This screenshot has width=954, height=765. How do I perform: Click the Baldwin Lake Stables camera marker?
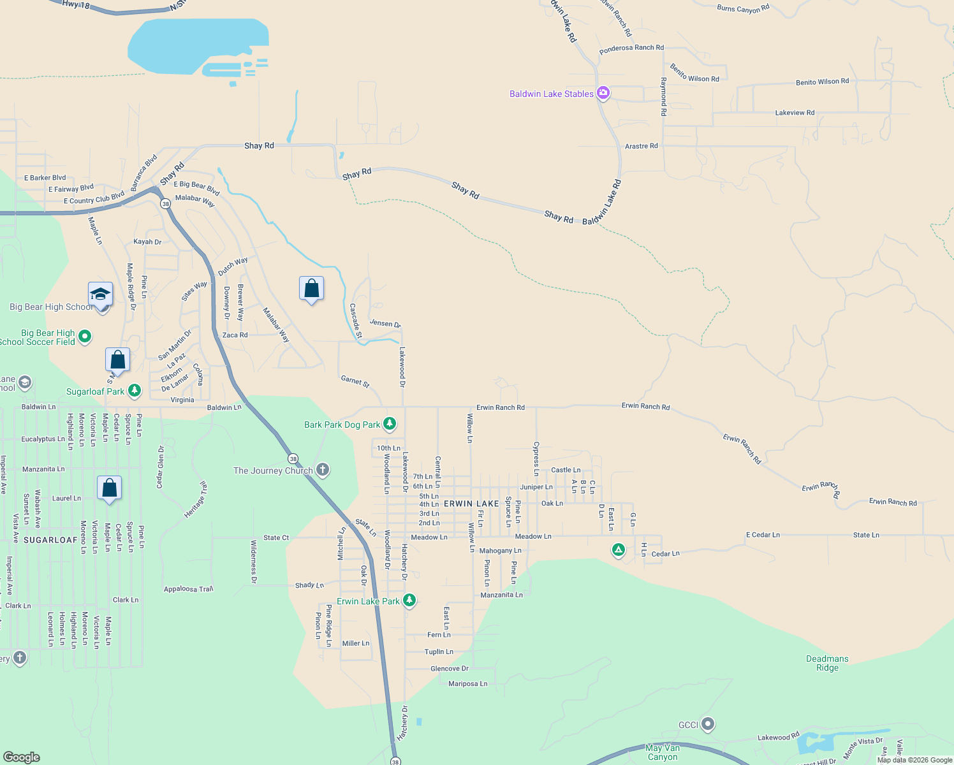pos(603,94)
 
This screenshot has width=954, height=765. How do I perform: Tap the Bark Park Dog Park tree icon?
pos(390,424)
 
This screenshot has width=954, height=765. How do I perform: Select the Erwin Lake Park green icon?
pos(409,601)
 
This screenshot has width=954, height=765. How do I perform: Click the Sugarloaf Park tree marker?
pos(134,391)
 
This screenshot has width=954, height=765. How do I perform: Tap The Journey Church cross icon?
pos(323,470)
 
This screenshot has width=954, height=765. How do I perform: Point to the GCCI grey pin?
pos(707,724)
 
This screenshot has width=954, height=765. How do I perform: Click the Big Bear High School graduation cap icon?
pos(101,295)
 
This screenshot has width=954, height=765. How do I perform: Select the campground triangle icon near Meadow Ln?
pos(618,550)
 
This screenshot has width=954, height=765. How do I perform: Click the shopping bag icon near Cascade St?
pos(311,289)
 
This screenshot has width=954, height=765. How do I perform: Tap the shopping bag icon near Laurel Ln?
pos(109,488)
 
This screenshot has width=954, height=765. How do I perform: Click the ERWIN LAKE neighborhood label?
pos(471,504)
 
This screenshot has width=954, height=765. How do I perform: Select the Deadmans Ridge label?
pos(827,663)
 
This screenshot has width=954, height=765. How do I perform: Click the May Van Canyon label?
pos(663,752)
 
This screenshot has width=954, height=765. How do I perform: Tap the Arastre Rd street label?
pos(641,146)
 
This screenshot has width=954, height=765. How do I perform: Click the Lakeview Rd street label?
pos(795,113)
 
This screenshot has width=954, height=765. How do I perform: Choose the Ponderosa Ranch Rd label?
pos(631,48)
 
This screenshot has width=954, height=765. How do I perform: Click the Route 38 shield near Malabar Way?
pos(166,204)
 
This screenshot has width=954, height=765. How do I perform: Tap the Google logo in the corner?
pos(22,757)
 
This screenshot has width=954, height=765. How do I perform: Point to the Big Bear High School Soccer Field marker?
pos(85,336)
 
